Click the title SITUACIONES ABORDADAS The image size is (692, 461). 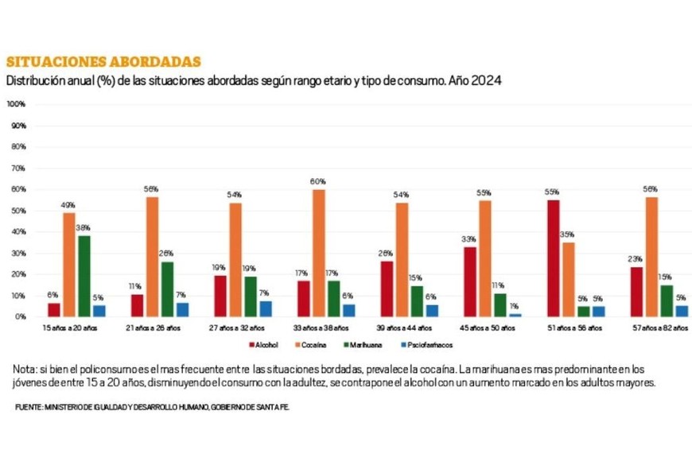(x=103, y=62)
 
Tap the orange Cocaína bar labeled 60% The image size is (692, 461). (x=318, y=253)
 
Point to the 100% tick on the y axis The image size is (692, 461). (x=17, y=104)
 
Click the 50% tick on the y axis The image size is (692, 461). (x=17, y=211)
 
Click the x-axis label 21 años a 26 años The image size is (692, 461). (x=154, y=327)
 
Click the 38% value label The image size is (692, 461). (x=84, y=227)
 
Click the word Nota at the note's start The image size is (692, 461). (x=25, y=370)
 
